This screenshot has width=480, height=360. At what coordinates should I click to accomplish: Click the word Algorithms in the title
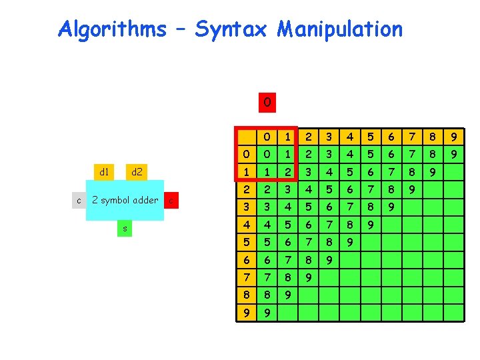(x=112, y=29)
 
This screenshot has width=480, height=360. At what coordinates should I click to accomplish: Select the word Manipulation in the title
(x=340, y=29)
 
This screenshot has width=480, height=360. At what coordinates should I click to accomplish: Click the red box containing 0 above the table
(x=266, y=103)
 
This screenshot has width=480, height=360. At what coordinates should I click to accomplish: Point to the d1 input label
(x=105, y=172)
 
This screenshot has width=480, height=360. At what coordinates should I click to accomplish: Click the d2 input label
(x=137, y=172)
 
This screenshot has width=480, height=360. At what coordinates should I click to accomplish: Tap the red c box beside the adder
(x=171, y=199)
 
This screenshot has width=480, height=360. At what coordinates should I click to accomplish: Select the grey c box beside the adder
(x=79, y=199)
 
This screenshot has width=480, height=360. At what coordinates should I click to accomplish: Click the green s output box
(x=123, y=229)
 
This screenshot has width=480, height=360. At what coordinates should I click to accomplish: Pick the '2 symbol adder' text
(x=125, y=199)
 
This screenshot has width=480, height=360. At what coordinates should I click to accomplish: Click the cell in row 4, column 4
(x=350, y=224)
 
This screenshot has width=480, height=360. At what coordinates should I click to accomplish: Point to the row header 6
(x=246, y=258)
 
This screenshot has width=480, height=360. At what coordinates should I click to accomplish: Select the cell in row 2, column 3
(x=329, y=190)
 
